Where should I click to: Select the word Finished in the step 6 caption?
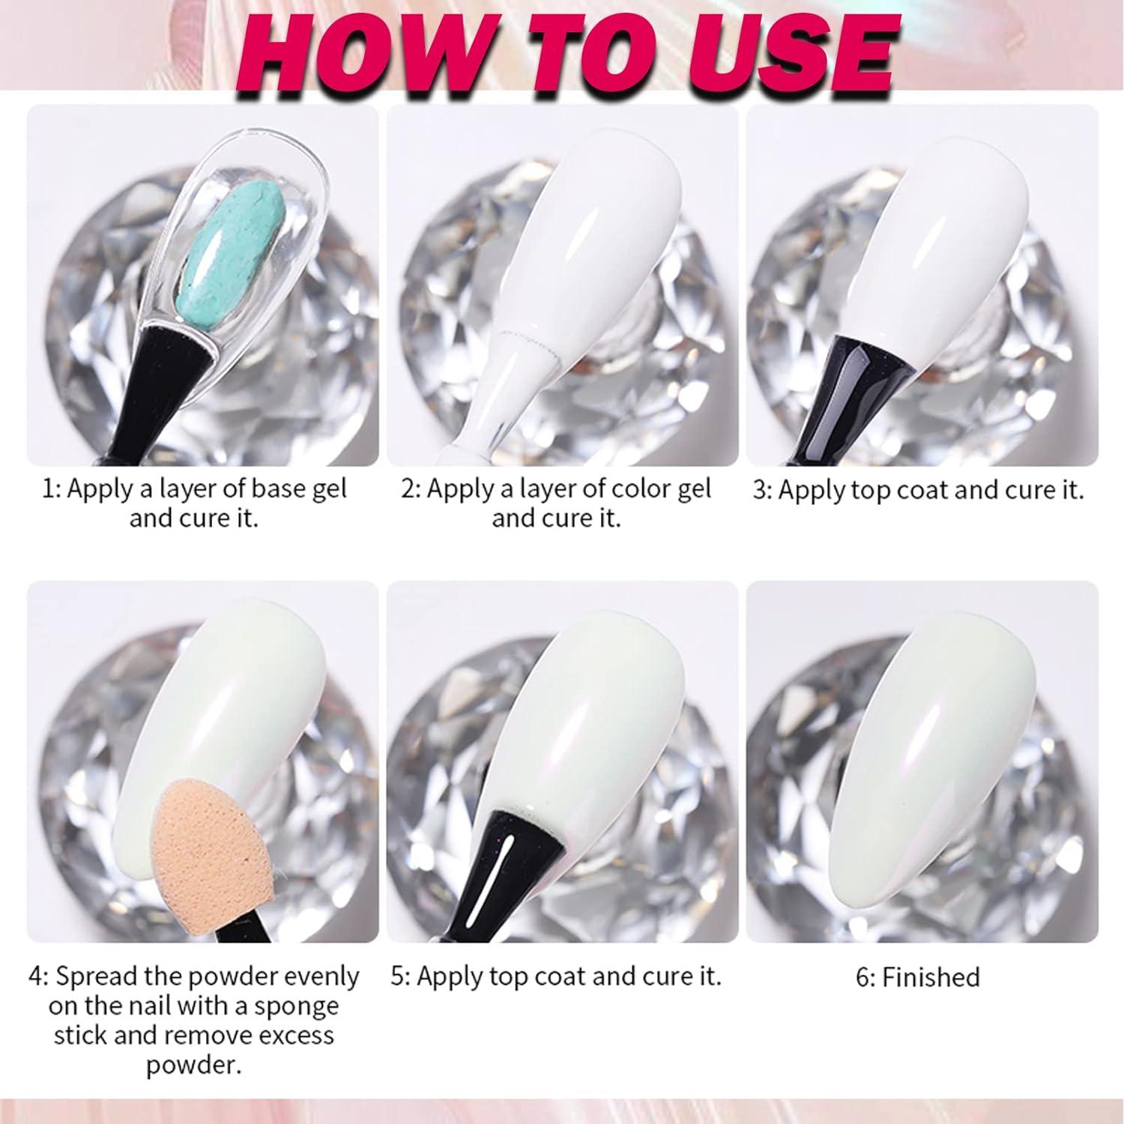point(930,977)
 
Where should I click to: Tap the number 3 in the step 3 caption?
point(760,491)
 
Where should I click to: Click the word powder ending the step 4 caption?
point(193,1066)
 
